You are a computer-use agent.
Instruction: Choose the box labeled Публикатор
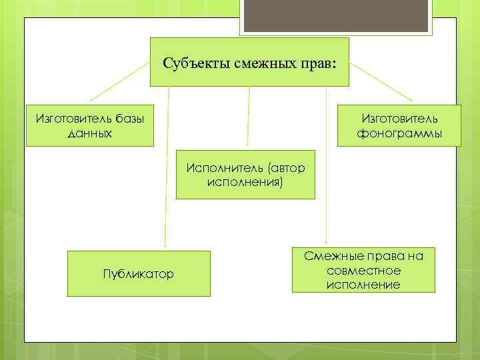click(139, 273)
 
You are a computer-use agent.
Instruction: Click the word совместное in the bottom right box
click(364, 271)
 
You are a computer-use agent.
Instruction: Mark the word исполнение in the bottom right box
click(364, 285)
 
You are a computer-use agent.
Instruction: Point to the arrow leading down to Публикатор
click(167, 167)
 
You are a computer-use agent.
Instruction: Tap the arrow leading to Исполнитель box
click(248, 117)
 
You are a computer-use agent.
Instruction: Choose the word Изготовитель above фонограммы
click(399, 118)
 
